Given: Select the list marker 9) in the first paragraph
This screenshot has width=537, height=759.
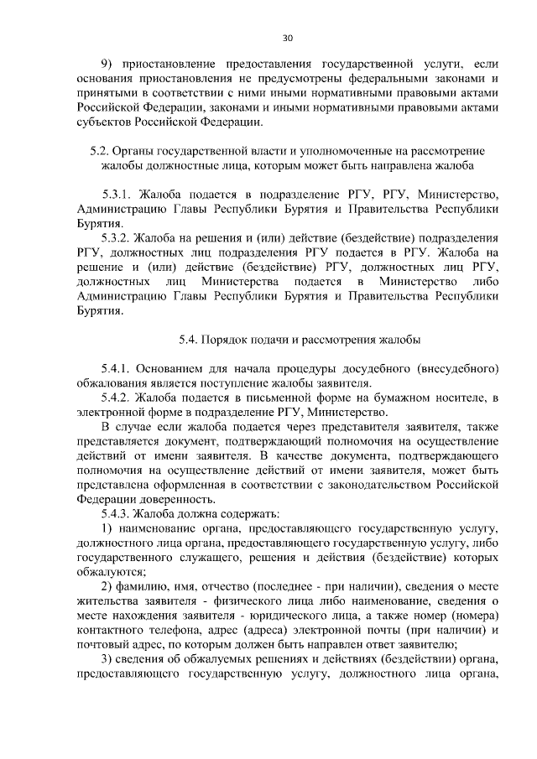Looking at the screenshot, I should click(x=107, y=64).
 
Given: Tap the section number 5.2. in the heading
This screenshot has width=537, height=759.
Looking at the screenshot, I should click(x=100, y=150).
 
